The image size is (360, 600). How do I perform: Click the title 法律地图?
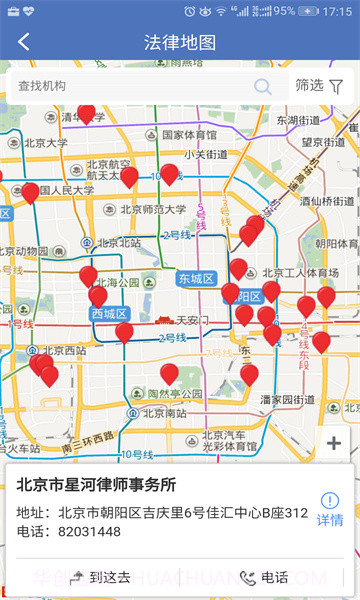coord(180,42)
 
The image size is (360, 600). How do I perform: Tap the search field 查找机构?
coord(130,86)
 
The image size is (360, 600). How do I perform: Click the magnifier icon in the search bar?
coord(263,86)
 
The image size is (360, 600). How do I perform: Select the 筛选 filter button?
coord(319,86)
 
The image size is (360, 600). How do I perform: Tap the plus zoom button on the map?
coord(334,444)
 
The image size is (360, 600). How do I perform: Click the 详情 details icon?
coord(330,510)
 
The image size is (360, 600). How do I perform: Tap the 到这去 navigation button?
coord(100,577)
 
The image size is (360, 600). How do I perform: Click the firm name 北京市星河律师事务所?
coord(96,485)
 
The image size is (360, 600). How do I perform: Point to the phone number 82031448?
coord(85,531)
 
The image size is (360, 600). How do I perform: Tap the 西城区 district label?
coord(109,314)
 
